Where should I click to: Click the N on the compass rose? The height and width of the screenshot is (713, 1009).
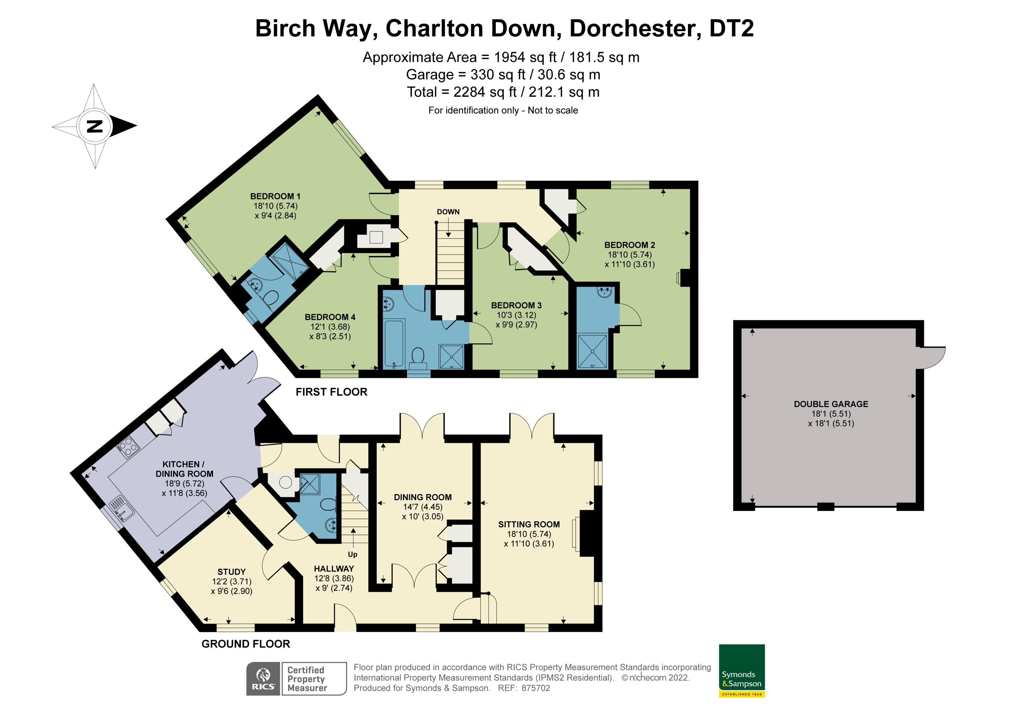(94, 127)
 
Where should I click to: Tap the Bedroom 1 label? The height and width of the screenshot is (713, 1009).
(275, 196)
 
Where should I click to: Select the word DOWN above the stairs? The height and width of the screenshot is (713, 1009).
(448, 212)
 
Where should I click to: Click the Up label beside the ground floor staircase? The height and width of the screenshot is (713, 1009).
(353, 554)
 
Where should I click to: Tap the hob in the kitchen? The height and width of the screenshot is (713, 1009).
(128, 447)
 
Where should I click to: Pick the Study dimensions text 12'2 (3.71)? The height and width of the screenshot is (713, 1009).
(232, 582)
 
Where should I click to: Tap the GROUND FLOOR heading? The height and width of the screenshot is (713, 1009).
(246, 644)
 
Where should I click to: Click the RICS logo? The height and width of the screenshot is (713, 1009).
(263, 679)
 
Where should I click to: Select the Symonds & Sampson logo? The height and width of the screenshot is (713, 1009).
(742, 670)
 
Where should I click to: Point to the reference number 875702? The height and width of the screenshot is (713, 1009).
(536, 688)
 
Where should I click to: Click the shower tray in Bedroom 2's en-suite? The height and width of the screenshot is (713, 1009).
(592, 351)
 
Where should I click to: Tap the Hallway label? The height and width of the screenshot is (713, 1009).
(334, 569)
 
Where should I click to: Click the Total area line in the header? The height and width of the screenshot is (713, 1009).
(503, 92)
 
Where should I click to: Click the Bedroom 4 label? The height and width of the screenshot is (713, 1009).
(330, 317)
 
